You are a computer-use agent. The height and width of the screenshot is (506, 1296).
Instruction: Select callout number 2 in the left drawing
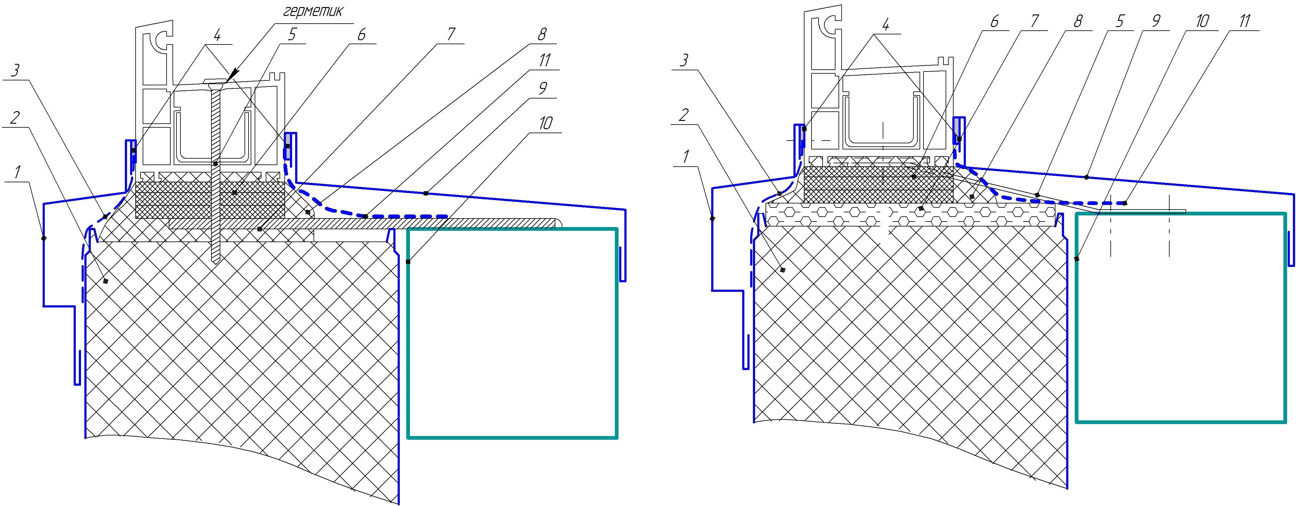pos(15,118)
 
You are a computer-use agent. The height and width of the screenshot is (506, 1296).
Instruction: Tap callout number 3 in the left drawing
pos(15,71)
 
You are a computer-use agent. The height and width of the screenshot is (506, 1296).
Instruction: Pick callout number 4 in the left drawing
pos(217,35)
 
